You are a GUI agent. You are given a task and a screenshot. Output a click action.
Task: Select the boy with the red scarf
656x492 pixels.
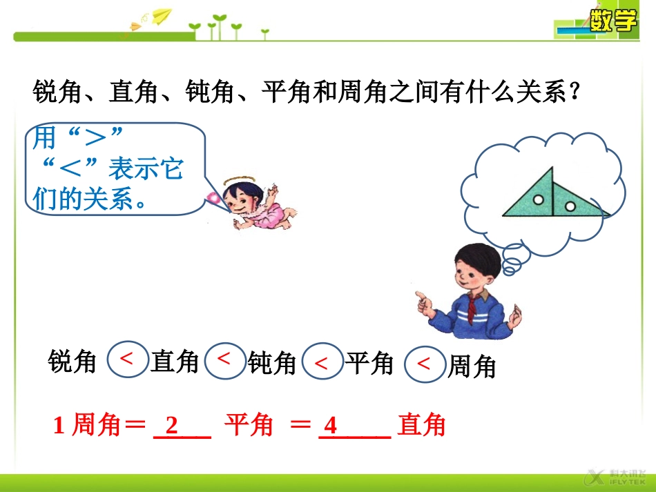click(470, 290)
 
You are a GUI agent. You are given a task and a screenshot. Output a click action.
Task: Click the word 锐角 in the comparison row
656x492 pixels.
click(73, 362)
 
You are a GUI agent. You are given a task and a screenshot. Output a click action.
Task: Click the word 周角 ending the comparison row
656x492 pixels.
click(472, 366)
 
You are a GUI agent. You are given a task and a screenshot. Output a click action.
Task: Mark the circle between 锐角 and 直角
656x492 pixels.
click(127, 359)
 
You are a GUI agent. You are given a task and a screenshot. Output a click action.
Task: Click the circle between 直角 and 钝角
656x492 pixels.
click(224, 359)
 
